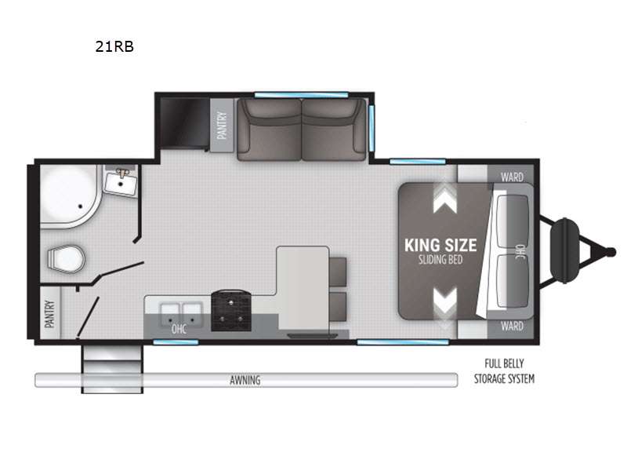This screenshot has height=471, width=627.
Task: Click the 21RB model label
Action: tap(114, 46)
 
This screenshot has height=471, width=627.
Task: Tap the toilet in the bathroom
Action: tap(67, 258)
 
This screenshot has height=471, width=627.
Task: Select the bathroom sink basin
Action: tap(121, 184)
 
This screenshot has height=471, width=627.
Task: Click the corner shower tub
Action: tap(69, 196)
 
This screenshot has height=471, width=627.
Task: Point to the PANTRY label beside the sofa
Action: tap(222, 126)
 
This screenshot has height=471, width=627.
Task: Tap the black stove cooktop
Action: tap(231, 311)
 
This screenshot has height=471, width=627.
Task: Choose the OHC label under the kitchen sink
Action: tap(179, 329)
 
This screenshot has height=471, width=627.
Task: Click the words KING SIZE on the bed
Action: tap(440, 246)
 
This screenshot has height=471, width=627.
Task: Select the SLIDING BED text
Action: tap(440, 260)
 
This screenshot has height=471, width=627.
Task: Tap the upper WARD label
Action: tap(512, 177)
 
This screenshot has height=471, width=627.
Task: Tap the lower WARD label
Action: tap(512, 326)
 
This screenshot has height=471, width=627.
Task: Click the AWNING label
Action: tap(245, 380)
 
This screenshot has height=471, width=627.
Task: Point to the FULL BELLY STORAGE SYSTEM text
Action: tap(504, 371)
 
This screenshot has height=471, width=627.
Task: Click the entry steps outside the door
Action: tap(112, 369)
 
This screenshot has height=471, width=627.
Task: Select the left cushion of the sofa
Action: tap(269, 130)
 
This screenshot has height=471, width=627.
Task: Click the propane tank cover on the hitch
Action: tap(564, 250)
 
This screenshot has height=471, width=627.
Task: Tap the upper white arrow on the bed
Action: tap(444, 199)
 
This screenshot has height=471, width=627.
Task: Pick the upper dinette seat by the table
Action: tap(338, 272)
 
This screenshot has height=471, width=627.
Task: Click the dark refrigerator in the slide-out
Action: tap(185, 123)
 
